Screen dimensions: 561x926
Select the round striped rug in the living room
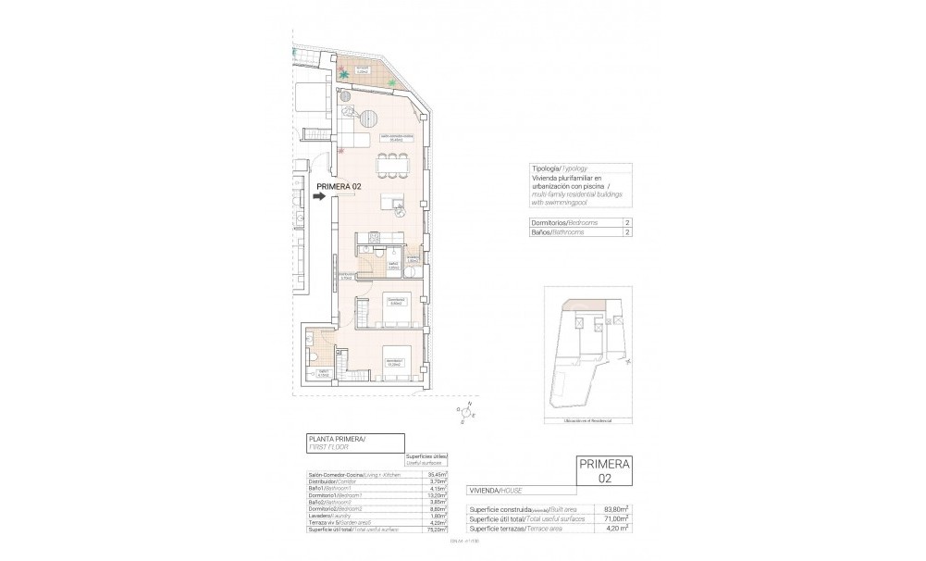369,119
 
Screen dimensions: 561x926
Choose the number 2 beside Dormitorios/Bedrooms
627,223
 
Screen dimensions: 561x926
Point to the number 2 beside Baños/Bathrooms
627,233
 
